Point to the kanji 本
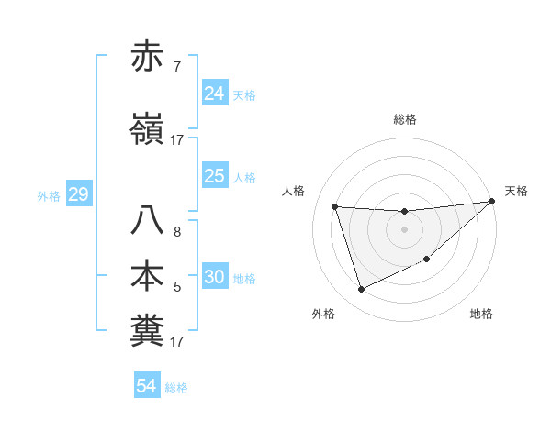(x=147, y=277)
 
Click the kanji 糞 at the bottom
(x=147, y=331)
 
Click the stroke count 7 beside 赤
(x=177, y=67)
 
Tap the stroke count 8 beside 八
(x=177, y=232)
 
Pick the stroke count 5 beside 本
(x=177, y=287)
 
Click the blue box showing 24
(x=215, y=94)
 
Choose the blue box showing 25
(x=215, y=176)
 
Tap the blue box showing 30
(x=215, y=277)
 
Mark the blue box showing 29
(x=78, y=194)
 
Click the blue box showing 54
(x=146, y=386)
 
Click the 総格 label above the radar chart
(x=405, y=119)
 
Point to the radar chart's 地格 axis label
(x=481, y=315)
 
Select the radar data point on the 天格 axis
(x=491, y=202)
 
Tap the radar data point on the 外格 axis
(x=361, y=290)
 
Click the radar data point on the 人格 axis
(x=335, y=207)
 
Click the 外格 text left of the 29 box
(x=49, y=195)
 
